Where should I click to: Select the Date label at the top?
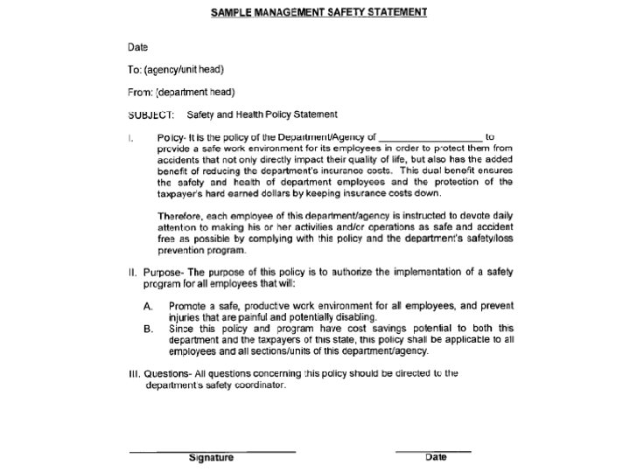(138, 47)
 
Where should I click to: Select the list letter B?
(149, 330)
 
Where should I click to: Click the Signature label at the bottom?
(211, 457)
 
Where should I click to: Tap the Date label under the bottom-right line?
(436, 456)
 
